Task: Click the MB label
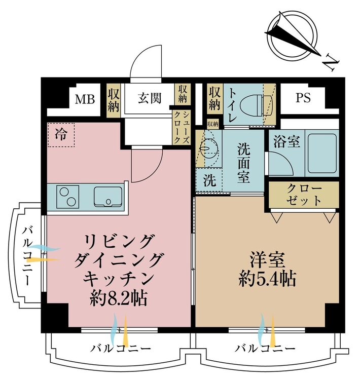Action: [85, 99]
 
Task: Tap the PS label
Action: [303, 98]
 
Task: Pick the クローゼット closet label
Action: [304, 194]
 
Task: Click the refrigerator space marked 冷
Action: [61, 135]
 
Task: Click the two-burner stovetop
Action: [66, 197]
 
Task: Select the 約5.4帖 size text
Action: [267, 279]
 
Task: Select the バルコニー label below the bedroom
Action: [265, 349]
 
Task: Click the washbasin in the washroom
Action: [207, 148]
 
